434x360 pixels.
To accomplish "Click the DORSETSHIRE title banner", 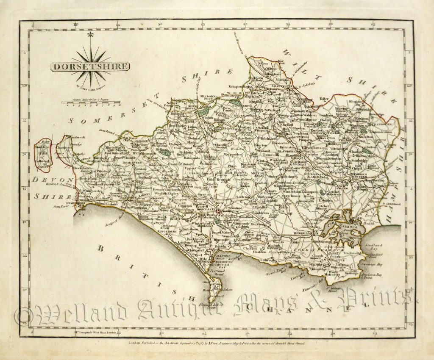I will click(x=89, y=66).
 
